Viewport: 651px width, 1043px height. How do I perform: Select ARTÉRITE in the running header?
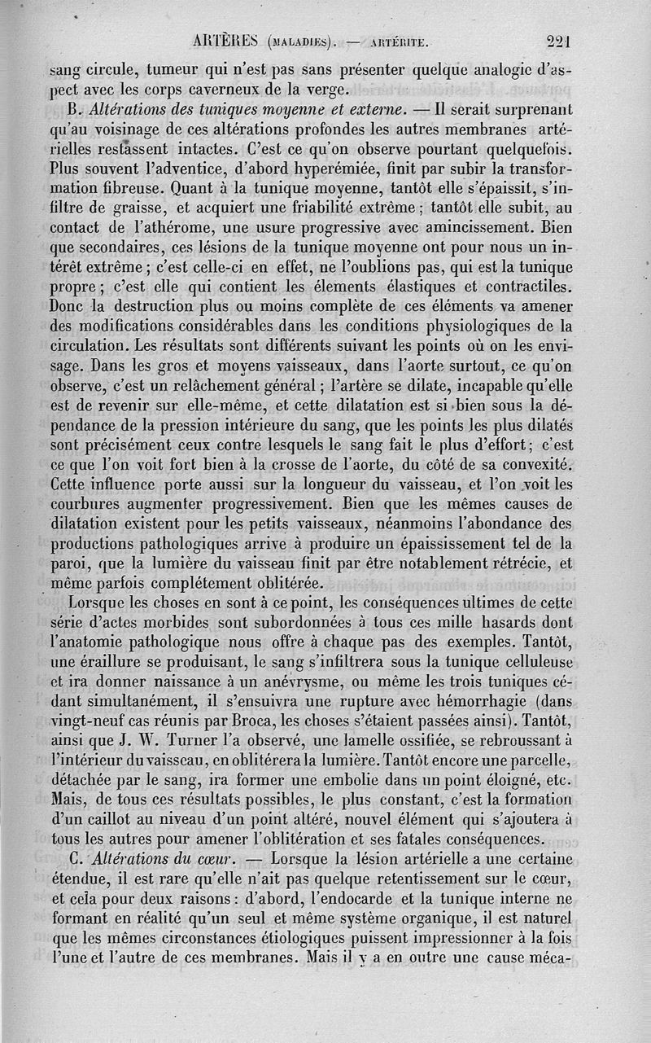coord(393,43)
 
